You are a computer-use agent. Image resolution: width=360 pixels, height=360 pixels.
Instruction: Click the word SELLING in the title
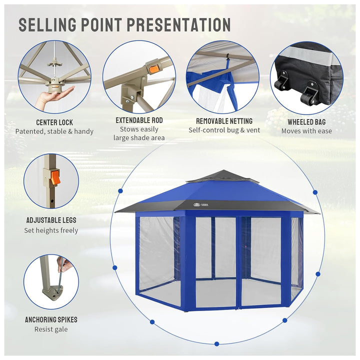point(47,24)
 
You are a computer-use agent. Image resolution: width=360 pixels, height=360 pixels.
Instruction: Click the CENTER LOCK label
point(54,122)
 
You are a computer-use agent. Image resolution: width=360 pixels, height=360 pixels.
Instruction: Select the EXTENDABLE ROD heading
point(139,120)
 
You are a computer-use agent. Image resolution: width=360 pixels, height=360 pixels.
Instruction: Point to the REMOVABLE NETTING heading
point(224,121)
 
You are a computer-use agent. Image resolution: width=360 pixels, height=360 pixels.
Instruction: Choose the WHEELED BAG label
point(306,122)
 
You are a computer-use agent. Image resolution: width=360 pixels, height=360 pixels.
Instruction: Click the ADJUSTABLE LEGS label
point(51,220)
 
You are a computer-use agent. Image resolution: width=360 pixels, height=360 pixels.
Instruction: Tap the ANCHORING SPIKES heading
point(51,319)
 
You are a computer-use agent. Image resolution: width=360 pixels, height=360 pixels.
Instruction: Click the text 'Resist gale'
point(51,329)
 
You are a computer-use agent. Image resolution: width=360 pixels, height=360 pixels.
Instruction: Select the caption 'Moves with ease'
point(306,131)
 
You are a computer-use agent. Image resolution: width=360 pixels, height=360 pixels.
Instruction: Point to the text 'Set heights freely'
point(51,230)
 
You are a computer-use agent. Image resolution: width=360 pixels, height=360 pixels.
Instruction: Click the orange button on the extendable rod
point(152,69)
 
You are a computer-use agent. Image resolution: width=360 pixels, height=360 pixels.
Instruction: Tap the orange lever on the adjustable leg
point(56,177)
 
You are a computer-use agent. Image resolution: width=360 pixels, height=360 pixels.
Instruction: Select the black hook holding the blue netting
point(228,57)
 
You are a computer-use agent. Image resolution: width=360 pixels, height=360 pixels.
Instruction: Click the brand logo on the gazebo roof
point(201,204)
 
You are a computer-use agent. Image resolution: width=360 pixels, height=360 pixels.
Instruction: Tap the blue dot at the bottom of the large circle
point(216,343)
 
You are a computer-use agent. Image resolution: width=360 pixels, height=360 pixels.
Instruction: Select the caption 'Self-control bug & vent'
point(224,130)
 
